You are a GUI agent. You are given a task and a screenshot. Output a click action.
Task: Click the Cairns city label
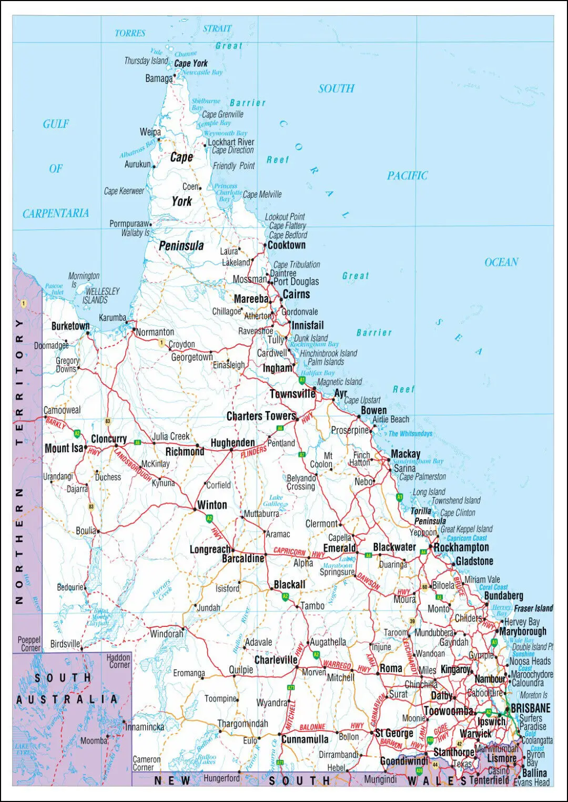coord(296,295)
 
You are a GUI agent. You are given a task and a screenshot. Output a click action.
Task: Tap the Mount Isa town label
coord(64,448)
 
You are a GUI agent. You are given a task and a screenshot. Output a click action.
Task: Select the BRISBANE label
coord(530,708)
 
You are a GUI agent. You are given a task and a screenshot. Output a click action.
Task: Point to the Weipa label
coord(150,132)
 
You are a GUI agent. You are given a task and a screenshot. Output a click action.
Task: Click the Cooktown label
coord(286,245)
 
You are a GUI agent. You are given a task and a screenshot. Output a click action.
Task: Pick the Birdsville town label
coord(65,644)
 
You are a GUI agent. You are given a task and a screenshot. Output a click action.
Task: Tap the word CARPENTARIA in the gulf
coord(55,213)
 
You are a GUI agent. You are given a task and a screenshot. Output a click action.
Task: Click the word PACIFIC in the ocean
coord(407,176)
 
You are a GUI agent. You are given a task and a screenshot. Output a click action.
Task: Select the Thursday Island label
coord(146,61)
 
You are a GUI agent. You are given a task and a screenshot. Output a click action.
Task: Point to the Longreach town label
coord(209,550)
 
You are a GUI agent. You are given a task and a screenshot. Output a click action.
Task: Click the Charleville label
coord(276,659)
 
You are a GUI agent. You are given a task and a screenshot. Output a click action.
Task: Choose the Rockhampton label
coord(461,547)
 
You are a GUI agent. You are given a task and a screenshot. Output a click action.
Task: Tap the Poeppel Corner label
coord(29,644)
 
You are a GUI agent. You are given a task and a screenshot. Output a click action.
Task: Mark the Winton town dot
coord(195,509)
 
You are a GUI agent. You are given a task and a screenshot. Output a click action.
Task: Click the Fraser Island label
coord(533,608)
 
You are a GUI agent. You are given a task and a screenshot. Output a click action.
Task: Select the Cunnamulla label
coord(305,739)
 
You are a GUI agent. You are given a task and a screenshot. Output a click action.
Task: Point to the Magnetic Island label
coord(339,382)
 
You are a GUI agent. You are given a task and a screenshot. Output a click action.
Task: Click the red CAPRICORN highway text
coord(289,552)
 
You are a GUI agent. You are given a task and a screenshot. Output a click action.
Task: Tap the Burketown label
coord(70,326)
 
